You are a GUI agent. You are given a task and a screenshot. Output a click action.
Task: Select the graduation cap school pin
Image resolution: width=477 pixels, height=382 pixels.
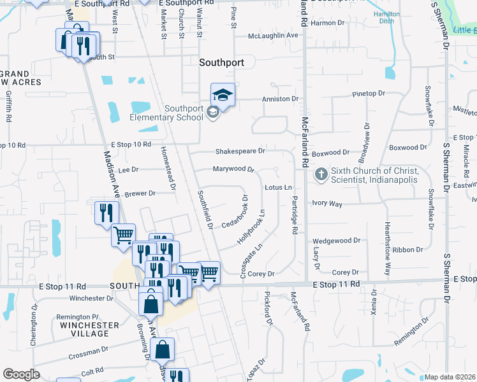tap(223, 95)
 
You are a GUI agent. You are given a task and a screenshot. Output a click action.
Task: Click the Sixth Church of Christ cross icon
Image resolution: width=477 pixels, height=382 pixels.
tap(321, 173)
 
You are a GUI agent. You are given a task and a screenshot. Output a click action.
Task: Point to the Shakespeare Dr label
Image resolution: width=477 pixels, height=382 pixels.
tap(240, 152)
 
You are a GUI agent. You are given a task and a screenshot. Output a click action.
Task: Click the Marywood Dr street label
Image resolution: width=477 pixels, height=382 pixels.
tap(233, 169)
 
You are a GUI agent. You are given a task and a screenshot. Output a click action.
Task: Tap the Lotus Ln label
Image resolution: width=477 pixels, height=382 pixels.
tap(278, 188)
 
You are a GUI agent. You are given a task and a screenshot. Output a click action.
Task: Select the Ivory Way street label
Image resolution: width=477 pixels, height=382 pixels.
tap(327, 204)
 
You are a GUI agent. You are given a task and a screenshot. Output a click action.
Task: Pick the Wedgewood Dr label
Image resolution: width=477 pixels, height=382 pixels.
tap(337, 241)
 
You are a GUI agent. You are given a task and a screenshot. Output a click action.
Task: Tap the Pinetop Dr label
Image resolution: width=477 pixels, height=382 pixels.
tap(369, 94)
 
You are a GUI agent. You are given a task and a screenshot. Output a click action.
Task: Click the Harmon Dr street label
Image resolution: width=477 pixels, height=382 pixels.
tap(328, 23)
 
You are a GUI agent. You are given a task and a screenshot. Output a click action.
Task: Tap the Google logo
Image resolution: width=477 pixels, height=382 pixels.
tap(21, 374)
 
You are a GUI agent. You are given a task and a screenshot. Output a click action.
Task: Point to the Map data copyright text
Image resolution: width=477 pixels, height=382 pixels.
tap(450, 377)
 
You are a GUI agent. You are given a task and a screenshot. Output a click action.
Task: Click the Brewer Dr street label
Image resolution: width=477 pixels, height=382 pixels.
tap(140, 194)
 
